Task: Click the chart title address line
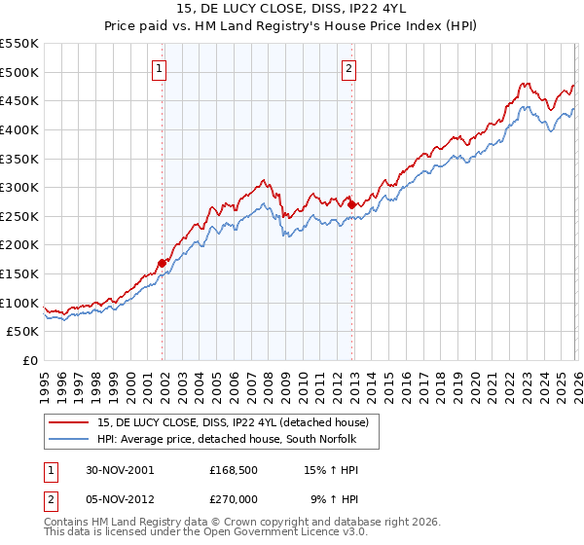pyautogui.click(x=292, y=9)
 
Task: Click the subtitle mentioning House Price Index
pyautogui.click(x=292, y=26)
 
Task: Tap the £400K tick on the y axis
pyautogui.click(x=19, y=129)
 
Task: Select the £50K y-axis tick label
pyautogui.click(x=23, y=332)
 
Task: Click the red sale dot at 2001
pyautogui.click(x=163, y=262)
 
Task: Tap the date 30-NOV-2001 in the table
pyautogui.click(x=120, y=469)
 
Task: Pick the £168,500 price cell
pyautogui.click(x=235, y=469)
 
